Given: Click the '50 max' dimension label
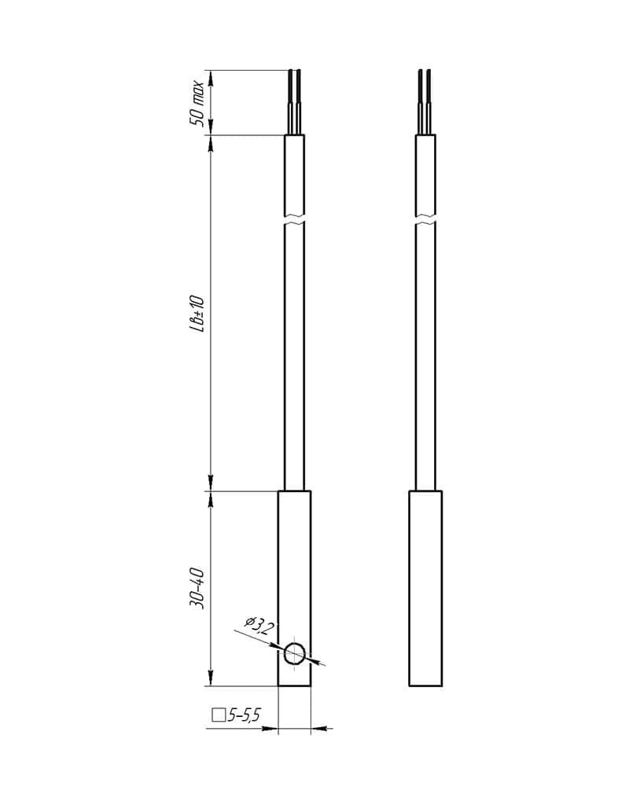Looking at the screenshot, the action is [197, 104].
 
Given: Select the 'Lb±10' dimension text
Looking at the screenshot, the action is [197, 314].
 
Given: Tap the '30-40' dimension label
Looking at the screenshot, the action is [197, 589].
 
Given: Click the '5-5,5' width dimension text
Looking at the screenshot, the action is [245, 715].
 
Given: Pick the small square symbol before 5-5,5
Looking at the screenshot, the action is [219, 715].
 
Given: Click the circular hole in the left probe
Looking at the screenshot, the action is [295, 653].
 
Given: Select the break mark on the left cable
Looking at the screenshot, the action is [294, 219].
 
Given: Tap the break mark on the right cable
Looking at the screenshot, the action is [425, 219].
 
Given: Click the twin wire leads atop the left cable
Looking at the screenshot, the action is [294, 101].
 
